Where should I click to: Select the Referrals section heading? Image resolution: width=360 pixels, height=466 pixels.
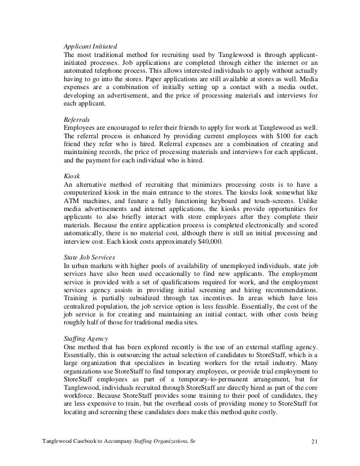(x=76, y=120)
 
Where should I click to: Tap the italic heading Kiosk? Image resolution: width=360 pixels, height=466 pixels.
(x=71, y=175)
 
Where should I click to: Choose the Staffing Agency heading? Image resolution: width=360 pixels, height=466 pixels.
(x=86, y=338)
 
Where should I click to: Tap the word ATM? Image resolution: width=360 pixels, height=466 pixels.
(x=72, y=203)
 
